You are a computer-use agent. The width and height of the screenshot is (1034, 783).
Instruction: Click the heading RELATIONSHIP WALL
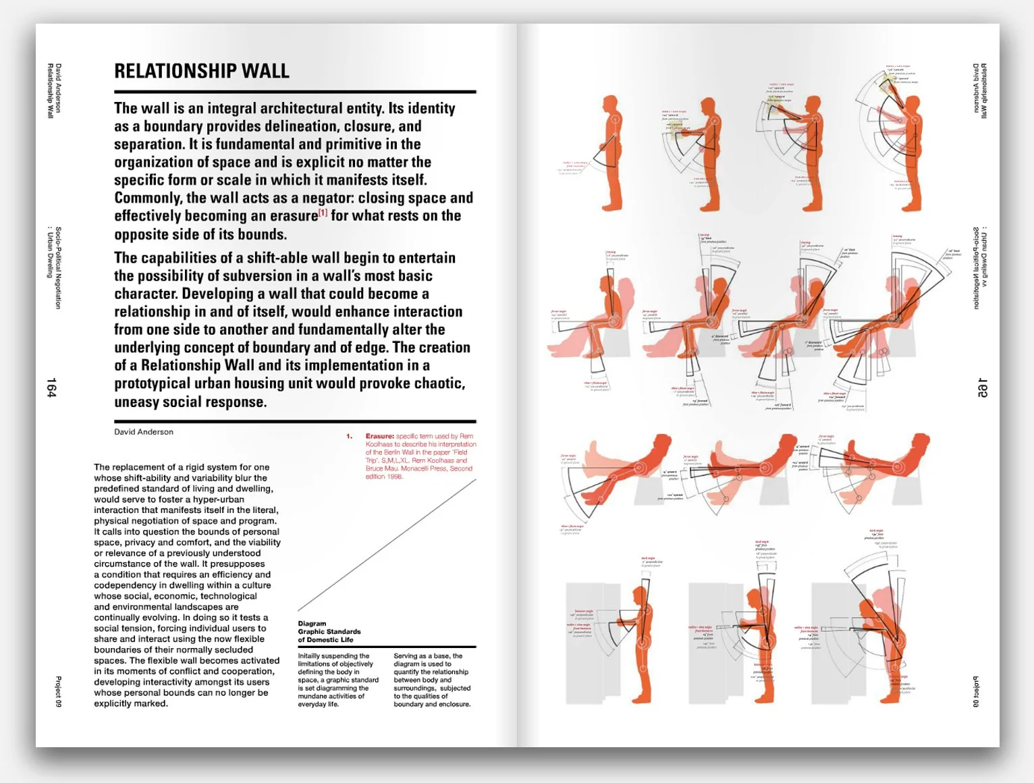[201, 71]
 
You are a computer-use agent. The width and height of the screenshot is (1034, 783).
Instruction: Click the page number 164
[51, 387]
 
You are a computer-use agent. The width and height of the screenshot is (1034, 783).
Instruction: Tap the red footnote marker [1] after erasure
[323, 213]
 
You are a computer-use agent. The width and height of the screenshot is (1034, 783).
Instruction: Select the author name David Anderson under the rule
[144, 432]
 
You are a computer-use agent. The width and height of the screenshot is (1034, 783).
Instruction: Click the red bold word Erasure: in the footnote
[379, 436]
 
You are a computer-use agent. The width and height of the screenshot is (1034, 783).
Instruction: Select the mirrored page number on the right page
[983, 387]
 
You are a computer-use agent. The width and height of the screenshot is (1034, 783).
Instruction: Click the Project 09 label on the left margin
[58, 692]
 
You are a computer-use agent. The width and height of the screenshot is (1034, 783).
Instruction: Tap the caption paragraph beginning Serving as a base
[432, 680]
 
